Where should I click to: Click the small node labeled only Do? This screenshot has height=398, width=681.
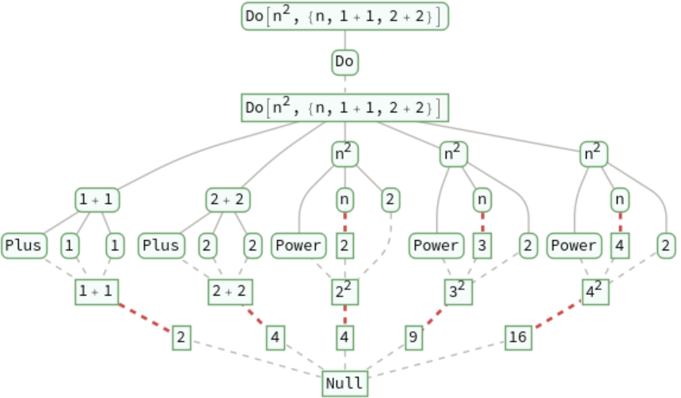click(344, 61)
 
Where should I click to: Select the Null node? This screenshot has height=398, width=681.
click(345, 383)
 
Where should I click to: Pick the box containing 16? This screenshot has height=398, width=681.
click(518, 338)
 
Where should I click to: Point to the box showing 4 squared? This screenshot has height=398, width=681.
click(595, 292)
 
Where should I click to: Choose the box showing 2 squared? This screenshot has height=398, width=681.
click(345, 292)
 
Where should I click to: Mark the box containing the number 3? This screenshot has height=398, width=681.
click(482, 246)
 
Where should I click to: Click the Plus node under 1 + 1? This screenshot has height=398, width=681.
click(24, 246)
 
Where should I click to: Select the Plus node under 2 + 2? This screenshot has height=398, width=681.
click(161, 246)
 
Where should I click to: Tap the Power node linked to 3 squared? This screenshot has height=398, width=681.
click(436, 246)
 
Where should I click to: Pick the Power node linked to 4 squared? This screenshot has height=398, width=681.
click(573, 246)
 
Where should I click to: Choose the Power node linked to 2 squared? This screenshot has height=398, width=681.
click(299, 246)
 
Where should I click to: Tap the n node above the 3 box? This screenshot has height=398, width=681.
click(482, 199)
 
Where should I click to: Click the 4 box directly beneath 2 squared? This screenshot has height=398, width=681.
click(345, 338)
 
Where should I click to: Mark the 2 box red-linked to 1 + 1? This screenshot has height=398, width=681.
click(182, 338)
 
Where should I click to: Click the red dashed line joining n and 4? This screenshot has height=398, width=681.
click(620, 222)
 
